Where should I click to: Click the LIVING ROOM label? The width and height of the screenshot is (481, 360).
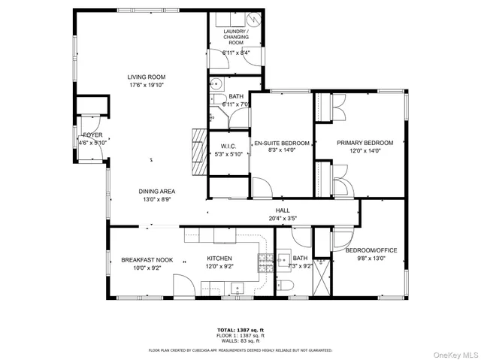146,77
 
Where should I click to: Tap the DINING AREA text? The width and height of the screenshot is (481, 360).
156,192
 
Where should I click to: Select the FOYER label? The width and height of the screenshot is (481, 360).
92,135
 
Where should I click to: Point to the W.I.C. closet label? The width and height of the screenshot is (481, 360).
228,146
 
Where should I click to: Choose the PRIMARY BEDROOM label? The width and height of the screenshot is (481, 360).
365,142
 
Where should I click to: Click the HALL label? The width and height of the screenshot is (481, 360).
283,210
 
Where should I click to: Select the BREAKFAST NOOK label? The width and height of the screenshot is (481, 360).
147,260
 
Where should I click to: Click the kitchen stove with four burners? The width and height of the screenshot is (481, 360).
265,262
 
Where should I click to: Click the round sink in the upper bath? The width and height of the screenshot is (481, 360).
214,83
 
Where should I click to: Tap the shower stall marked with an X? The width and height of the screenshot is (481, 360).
321,277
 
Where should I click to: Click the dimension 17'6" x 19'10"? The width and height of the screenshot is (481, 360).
146,85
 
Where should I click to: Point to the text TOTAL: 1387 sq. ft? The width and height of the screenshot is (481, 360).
240,330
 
